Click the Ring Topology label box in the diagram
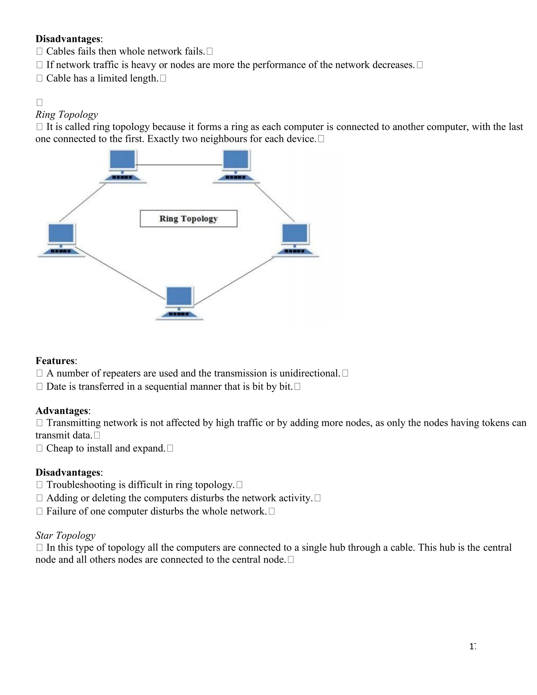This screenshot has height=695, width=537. [188, 219]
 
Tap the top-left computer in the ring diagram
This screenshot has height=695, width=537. [122, 166]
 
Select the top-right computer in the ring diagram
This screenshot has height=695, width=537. [236, 166]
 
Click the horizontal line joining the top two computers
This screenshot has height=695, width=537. [179, 165]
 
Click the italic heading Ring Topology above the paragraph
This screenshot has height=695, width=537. [67, 114]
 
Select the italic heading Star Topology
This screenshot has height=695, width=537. [65, 535]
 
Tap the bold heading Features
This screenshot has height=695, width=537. [55, 361]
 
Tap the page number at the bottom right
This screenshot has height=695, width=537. [472, 646]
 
